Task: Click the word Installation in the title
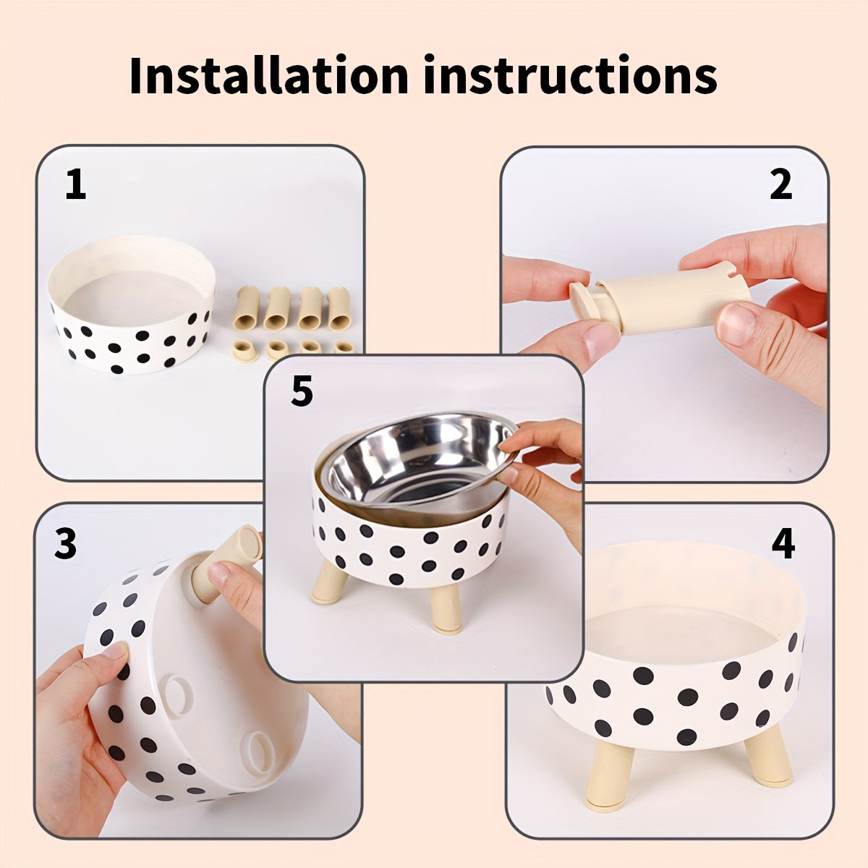(268, 75)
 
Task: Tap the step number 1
(75, 185)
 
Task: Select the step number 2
(780, 185)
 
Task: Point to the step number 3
(65, 544)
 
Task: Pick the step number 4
(783, 544)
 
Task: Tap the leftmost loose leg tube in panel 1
(247, 307)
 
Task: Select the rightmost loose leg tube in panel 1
(339, 307)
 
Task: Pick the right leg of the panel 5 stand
(445, 608)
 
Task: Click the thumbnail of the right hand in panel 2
(736, 324)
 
